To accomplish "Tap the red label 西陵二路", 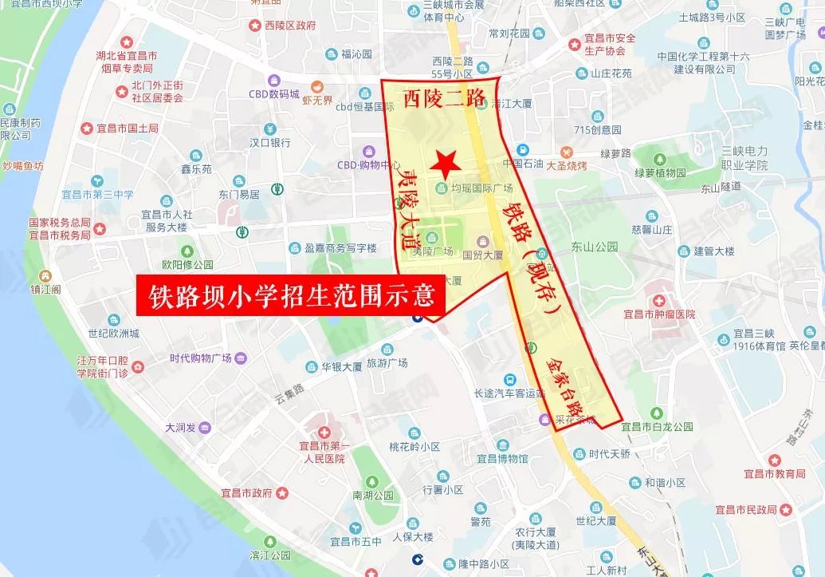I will coord(443,99).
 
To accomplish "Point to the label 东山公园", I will coord(595,247).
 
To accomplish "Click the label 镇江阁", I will coord(45,289).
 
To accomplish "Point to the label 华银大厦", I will coord(342,367).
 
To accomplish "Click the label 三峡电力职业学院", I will coord(744,157).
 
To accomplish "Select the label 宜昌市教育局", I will coord(773,473).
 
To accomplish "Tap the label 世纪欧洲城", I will coord(113,334).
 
